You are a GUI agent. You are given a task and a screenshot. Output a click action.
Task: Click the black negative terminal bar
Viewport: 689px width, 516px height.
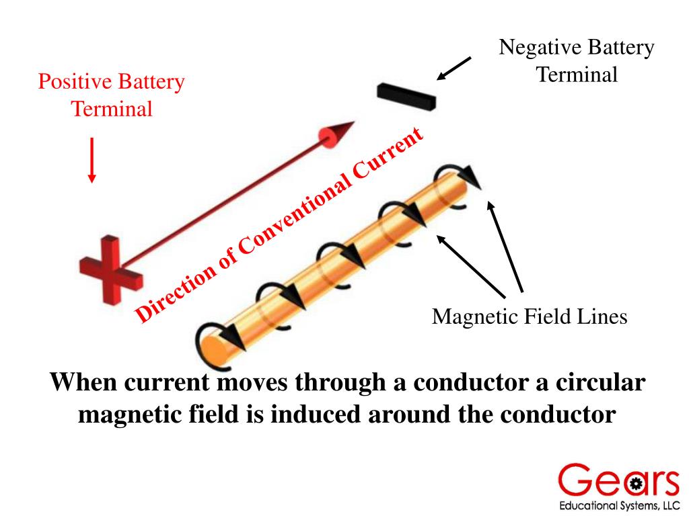tap(406, 96)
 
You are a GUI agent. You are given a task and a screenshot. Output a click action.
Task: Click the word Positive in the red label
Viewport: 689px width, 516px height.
tap(76, 83)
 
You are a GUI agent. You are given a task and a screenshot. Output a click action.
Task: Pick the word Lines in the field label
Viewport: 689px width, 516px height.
tap(603, 316)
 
